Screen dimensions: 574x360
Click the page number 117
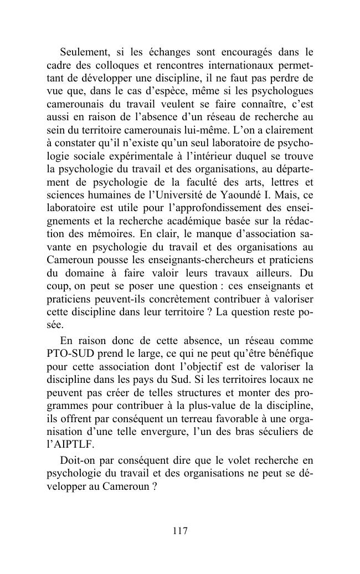(x=180, y=531)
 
